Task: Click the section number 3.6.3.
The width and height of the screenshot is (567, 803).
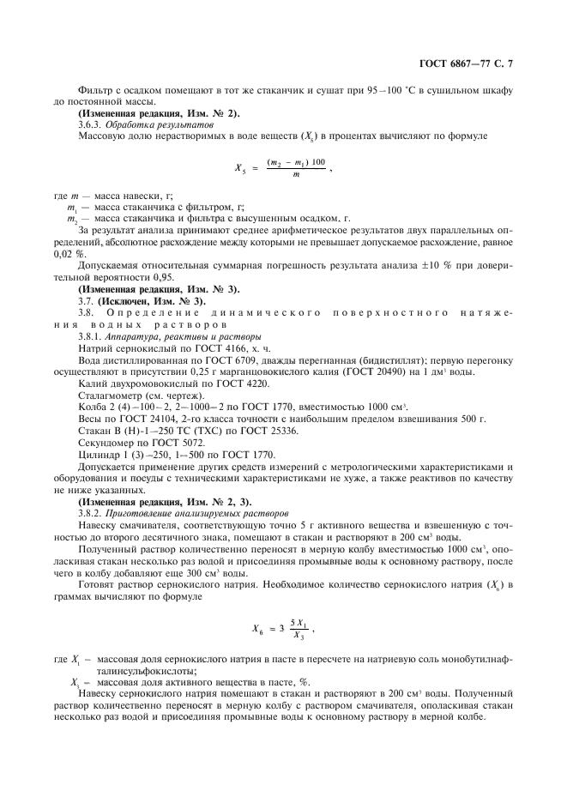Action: [x=90, y=125]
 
